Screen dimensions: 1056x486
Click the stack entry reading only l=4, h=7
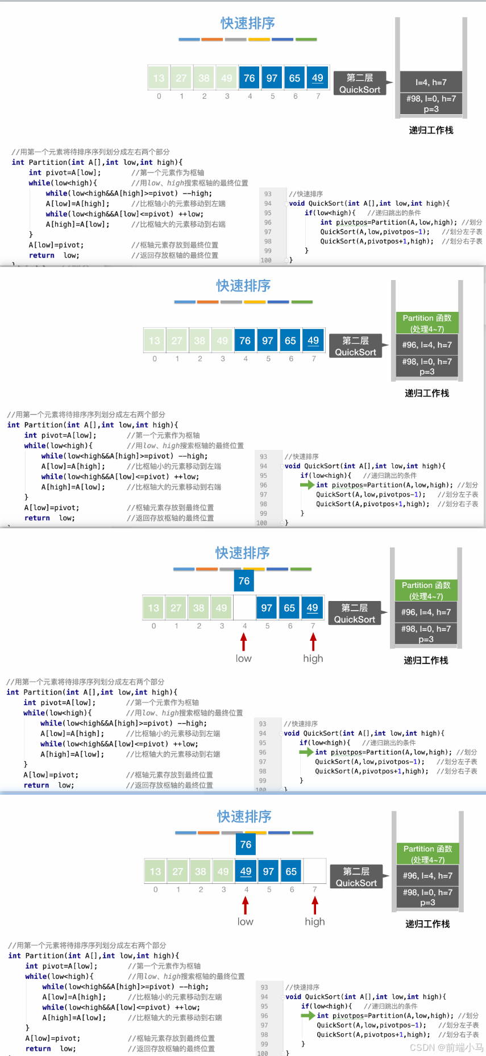coord(431,82)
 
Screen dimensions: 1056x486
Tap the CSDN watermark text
coord(446,1047)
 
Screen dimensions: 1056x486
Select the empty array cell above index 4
coord(244,608)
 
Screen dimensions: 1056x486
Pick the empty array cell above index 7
coord(314,871)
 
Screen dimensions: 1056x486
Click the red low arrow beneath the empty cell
coord(244,642)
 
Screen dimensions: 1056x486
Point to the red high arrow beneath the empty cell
coord(315,905)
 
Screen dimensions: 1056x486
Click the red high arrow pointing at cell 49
coord(313,642)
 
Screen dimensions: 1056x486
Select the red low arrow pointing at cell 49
coord(246,905)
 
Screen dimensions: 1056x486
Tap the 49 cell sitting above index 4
coord(246,871)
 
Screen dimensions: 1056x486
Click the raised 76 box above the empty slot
coord(244,581)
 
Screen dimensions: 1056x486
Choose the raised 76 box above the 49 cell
coord(246,845)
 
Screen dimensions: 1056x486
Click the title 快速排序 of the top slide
coord(247,23)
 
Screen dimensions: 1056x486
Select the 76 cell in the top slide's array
coord(250,78)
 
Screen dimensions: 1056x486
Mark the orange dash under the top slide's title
coord(212,40)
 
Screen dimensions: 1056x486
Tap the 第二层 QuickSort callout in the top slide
coord(360,84)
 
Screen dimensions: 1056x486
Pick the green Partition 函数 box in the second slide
coord(427,323)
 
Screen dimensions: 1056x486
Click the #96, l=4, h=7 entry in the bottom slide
coord(427,875)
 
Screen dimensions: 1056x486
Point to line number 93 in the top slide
coord(268,194)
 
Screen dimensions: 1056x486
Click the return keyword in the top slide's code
coord(41,256)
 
